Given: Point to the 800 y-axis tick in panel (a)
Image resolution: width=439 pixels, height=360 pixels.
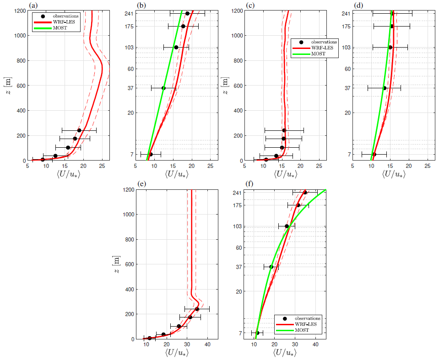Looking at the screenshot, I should pyautogui.click(x=20, y=60).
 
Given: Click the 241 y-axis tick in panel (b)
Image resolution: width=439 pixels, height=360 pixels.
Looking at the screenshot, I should pyautogui.click(x=128, y=13).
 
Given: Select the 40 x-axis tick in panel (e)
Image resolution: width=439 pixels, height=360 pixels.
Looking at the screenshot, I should pyautogui.click(x=207, y=344).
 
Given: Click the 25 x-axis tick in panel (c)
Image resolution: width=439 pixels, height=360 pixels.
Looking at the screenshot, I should pyautogui.click(x=320, y=166).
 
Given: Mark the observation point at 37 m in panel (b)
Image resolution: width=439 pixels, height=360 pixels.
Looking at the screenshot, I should pyautogui.click(x=163, y=88).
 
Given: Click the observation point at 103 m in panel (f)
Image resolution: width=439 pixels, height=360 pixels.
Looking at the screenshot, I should pyautogui.click(x=287, y=226).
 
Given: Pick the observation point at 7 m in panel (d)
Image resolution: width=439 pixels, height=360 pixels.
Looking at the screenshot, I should pyautogui.click(x=374, y=154).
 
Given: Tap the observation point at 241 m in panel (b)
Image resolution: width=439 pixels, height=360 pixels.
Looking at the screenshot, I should pyautogui.click(x=187, y=13).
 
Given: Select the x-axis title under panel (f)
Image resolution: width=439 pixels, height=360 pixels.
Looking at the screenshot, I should pyautogui.click(x=284, y=353).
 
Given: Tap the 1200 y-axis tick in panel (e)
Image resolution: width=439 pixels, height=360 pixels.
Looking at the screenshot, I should pyautogui.click(x=128, y=189).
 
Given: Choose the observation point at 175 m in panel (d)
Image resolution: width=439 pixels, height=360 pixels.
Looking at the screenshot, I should pyautogui.click(x=391, y=26).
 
